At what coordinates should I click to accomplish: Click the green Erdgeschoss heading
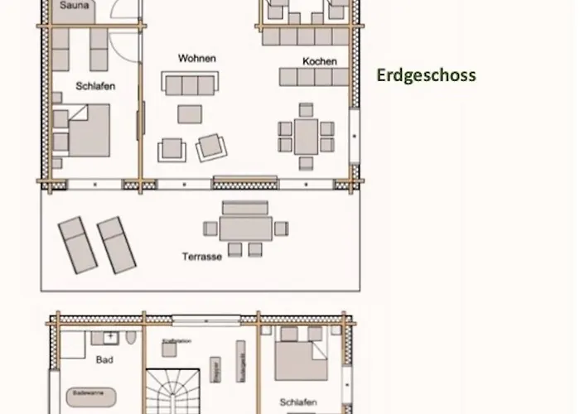click(x=426, y=75)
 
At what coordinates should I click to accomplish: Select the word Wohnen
click(x=197, y=59)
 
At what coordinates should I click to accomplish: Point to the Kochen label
click(x=319, y=61)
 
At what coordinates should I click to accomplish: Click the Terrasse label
click(x=202, y=257)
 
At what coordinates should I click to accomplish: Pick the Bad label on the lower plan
click(x=104, y=360)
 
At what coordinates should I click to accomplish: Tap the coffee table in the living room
click(x=190, y=114)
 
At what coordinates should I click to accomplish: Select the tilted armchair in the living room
click(x=210, y=147)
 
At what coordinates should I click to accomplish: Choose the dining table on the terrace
click(x=246, y=228)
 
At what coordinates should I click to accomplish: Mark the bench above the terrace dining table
click(x=246, y=208)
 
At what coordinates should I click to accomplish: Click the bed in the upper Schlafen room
click(x=89, y=131)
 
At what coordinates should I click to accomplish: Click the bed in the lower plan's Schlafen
click(x=302, y=358)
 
